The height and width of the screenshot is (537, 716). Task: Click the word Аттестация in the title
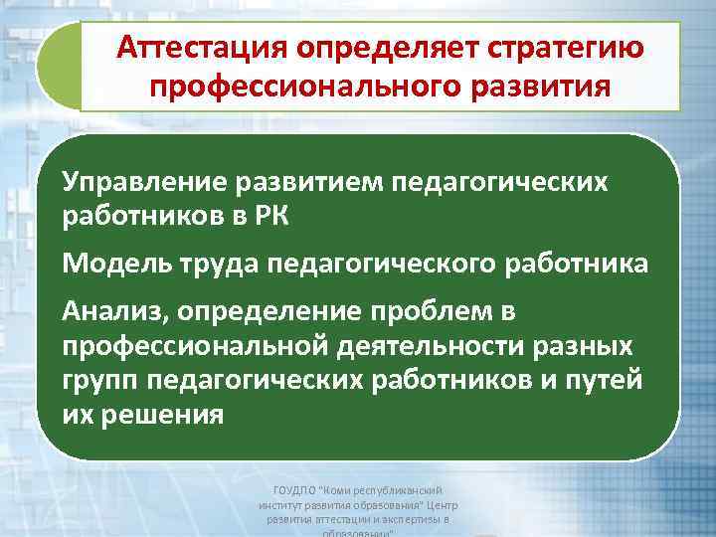[195, 47]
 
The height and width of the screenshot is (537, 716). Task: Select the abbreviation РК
[268, 215]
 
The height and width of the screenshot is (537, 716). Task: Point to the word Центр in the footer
[435, 505]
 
